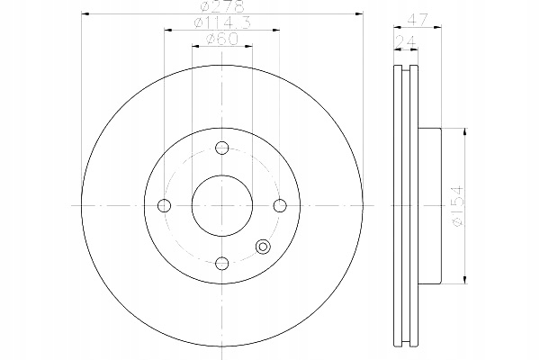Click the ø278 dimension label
click(220, 8)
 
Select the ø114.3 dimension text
click(220, 23)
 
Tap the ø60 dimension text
click(220, 39)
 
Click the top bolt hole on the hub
click(221, 149)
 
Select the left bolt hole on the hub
click(164, 205)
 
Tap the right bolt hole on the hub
click(279, 205)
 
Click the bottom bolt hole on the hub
click(221, 262)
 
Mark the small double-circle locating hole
click(264, 247)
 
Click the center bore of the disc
click(221, 205)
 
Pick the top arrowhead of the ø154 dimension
click(463, 131)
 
